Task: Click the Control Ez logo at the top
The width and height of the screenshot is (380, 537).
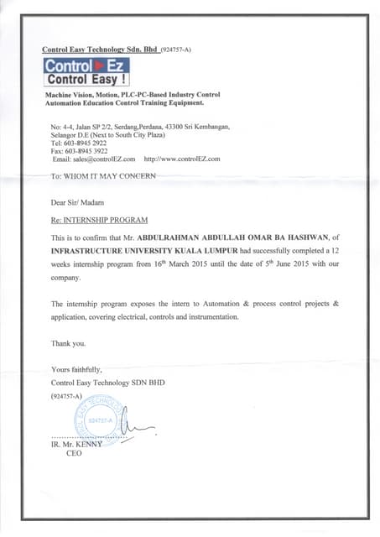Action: (86, 73)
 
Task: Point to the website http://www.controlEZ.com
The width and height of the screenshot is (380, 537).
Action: (182, 159)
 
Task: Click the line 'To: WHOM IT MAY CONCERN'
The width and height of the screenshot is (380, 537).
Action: (103, 177)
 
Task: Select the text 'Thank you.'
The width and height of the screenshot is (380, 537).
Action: (68, 343)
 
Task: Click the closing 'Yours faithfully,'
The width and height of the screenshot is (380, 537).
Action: (76, 369)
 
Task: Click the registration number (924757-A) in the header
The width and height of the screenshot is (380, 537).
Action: (175, 50)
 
